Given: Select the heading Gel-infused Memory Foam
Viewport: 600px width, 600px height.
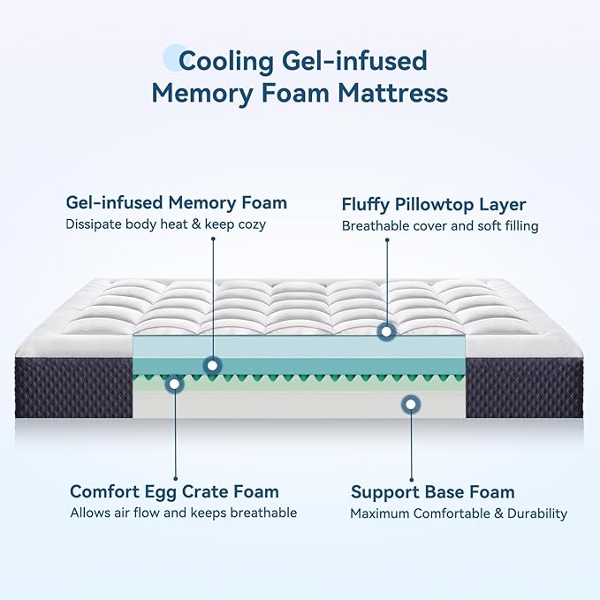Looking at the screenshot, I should (x=176, y=203).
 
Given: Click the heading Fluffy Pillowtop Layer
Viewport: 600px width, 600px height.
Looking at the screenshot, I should (x=434, y=204).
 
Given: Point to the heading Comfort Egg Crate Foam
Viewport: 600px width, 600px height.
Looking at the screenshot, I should (x=174, y=491).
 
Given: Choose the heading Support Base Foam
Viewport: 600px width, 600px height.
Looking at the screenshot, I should (x=432, y=492).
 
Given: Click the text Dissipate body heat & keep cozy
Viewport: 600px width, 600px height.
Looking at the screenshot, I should (x=165, y=224).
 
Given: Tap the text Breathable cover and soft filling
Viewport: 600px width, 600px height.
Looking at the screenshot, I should (x=440, y=225).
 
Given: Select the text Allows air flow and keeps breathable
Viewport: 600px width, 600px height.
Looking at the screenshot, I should (x=183, y=513).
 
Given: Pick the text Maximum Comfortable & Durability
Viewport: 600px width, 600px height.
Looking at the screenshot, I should (x=458, y=513).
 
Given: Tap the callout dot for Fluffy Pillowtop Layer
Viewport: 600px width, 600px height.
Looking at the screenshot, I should (x=385, y=332).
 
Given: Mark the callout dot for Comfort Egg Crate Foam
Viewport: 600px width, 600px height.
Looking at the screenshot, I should (x=175, y=384).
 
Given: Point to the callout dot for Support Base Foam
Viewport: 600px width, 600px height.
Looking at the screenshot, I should (x=410, y=405).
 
